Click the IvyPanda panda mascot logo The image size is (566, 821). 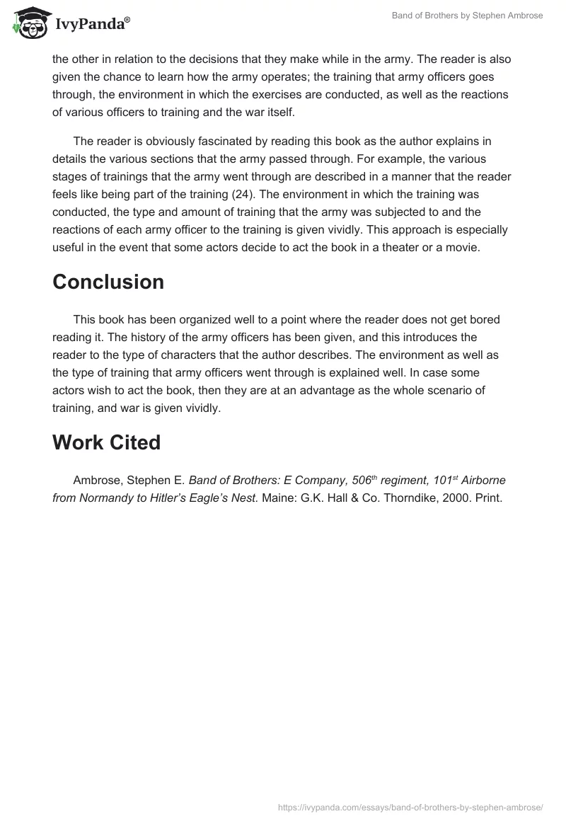pyautogui.click(x=28, y=22)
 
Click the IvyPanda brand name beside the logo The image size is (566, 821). pyautogui.click(x=91, y=24)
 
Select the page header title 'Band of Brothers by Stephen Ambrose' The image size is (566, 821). pyautogui.click(x=467, y=16)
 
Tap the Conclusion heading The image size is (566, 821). pyautogui.click(x=108, y=282)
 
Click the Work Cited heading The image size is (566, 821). pyautogui.click(x=106, y=442)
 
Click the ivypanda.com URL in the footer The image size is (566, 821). pyautogui.click(x=411, y=806)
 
